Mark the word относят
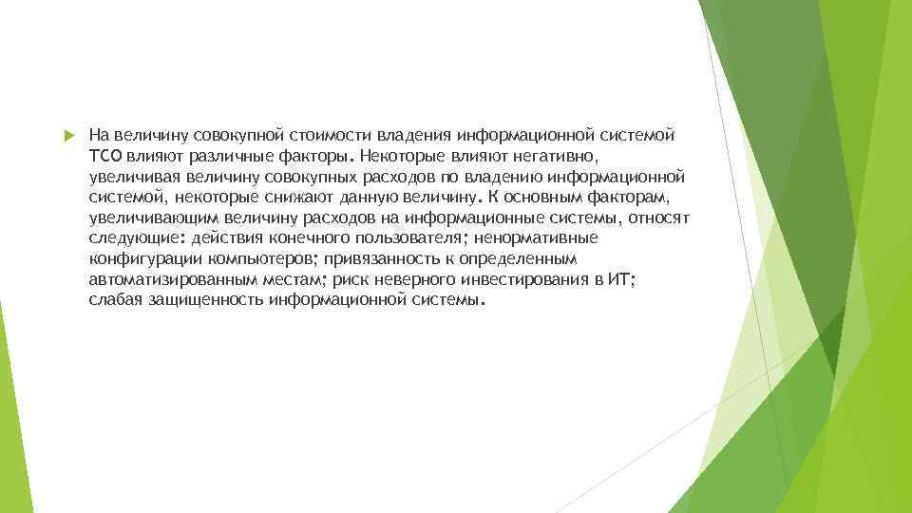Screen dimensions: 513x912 661,218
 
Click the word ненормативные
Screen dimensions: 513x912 537,238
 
